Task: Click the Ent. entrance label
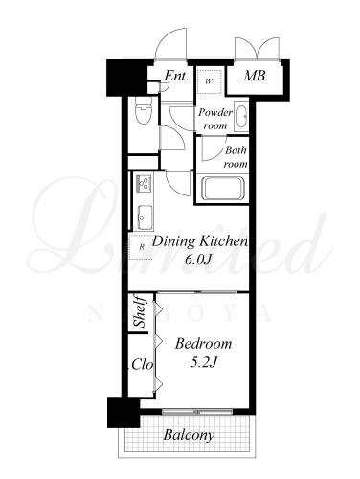coord(176,76)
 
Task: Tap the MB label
coord(255,76)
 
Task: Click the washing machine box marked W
coord(209,81)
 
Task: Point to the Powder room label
coord(215,119)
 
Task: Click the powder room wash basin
coord(241,116)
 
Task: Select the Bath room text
coord(236,157)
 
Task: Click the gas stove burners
coord(145,182)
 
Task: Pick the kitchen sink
coord(145,217)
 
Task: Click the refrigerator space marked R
coord(142,246)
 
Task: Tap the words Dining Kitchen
coord(200,241)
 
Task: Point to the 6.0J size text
coord(198,261)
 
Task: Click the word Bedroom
coord(203,344)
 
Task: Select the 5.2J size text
coord(204,362)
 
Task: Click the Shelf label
coord(141,312)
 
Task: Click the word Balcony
coord(189,435)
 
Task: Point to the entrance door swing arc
coord(166,35)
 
